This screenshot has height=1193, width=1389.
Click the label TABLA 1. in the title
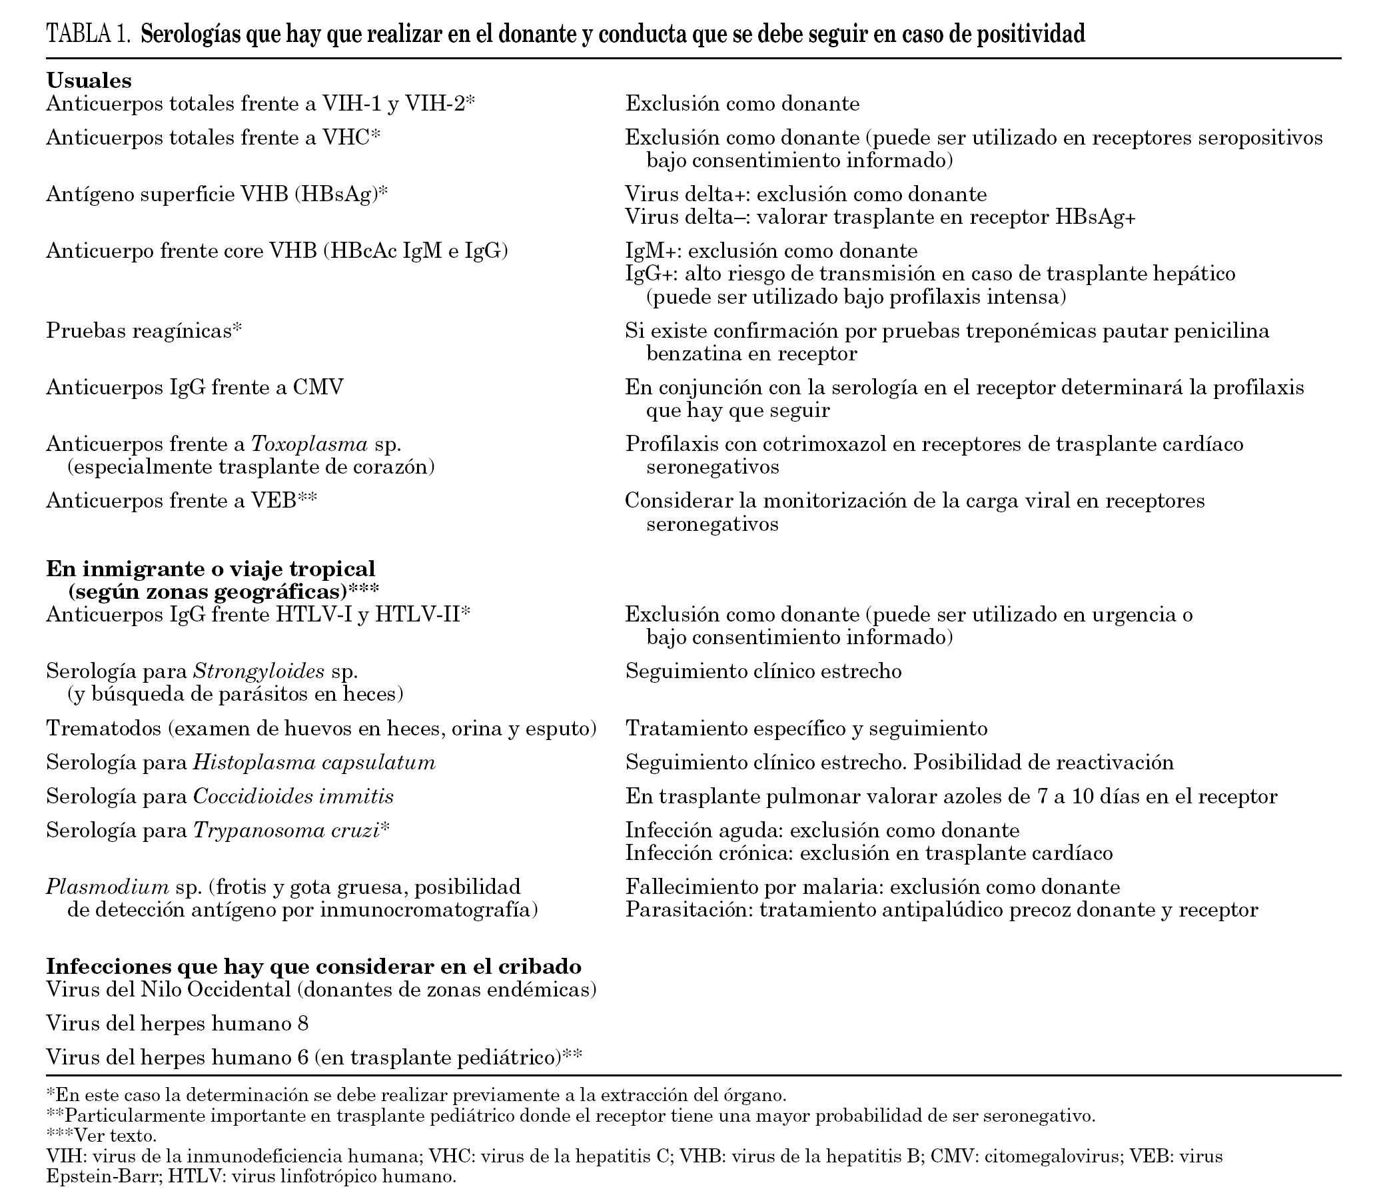88,33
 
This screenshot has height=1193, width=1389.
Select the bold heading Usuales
89,81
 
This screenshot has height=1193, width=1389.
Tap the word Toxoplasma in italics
309,444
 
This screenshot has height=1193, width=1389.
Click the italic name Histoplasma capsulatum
314,762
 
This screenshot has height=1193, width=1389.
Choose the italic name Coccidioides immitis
293,796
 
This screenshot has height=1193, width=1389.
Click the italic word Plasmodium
107,887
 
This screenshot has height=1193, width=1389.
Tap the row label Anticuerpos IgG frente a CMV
195,387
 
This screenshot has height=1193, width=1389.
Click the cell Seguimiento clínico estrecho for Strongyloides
763,671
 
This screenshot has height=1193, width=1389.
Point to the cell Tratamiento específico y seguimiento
807,728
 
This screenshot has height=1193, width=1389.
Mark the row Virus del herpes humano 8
177,1023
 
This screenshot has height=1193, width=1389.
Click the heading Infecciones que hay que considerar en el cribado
313,966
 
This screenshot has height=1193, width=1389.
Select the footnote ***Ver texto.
101,1136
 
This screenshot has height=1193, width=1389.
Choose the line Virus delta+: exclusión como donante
806,195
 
